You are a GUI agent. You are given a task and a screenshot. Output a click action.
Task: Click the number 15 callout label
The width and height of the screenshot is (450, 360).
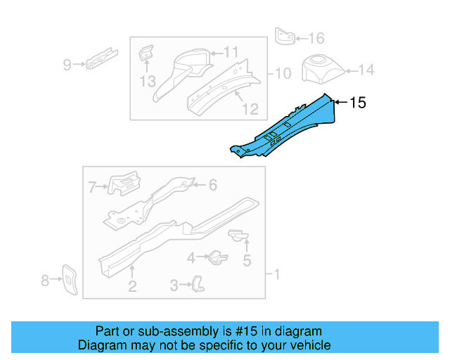click(x=358, y=103)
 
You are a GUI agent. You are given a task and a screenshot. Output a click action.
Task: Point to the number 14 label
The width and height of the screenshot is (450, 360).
click(x=366, y=70)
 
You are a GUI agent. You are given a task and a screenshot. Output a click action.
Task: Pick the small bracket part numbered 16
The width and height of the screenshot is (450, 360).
click(x=284, y=36)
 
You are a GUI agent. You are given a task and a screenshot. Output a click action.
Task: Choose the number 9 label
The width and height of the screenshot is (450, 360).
click(x=67, y=65)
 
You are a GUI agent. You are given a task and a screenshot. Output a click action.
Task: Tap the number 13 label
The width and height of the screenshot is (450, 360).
click(x=146, y=81)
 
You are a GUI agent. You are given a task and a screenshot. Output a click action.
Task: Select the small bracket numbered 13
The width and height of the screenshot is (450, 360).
click(x=146, y=54)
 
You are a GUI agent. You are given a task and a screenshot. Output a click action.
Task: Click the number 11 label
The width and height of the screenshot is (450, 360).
click(x=231, y=51)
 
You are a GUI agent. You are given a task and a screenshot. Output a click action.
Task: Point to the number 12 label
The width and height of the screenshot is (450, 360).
click(x=250, y=109)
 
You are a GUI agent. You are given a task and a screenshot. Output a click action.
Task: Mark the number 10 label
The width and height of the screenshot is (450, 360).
click(x=283, y=72)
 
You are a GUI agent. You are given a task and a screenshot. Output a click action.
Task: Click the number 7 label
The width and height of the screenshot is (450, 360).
click(x=92, y=186)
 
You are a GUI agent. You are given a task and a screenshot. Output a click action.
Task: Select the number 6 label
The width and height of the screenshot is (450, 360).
click(x=213, y=185)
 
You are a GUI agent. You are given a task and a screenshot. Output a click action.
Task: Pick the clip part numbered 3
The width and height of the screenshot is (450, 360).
click(x=200, y=283)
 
